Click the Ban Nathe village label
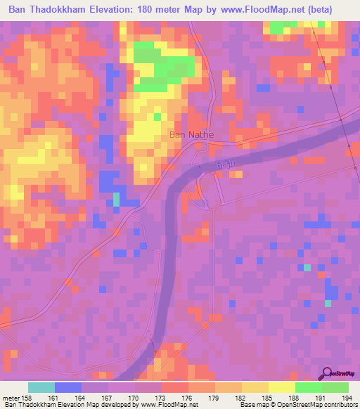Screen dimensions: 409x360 pos(191,135)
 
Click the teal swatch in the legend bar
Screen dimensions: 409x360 pos(41,387)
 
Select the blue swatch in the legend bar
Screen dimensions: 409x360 pos(68,387)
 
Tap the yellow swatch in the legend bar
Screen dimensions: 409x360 pos(281,387)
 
